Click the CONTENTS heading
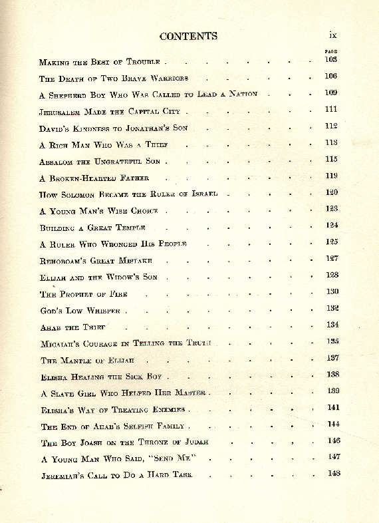click(x=188, y=36)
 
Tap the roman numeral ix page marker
click(x=334, y=35)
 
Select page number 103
click(x=331, y=59)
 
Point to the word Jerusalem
click(x=62, y=112)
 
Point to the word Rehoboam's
click(x=65, y=261)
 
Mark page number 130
click(x=332, y=291)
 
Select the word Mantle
click(x=79, y=361)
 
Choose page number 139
click(x=333, y=391)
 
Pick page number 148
click(x=334, y=473)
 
